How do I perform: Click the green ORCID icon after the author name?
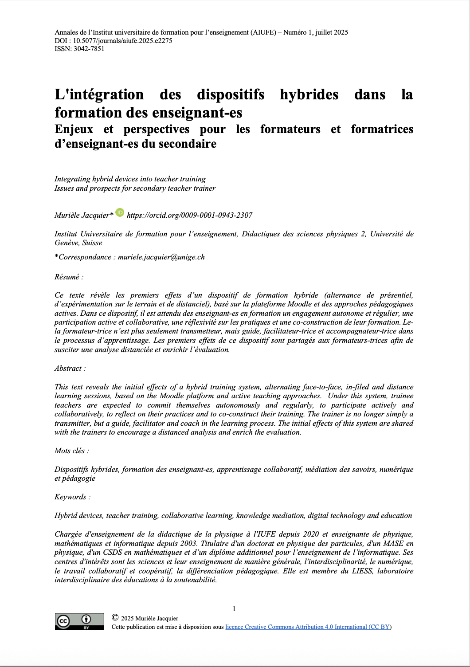(x=120, y=213)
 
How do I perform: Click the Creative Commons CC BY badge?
(x=79, y=621)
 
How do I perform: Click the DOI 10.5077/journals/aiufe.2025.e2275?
(x=122, y=41)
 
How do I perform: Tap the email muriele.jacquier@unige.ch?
(x=161, y=257)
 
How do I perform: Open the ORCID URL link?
(x=189, y=215)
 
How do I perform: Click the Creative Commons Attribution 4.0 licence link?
(x=308, y=627)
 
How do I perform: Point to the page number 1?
(x=234, y=608)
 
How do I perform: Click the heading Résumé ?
(x=69, y=277)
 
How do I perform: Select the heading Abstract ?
(x=70, y=368)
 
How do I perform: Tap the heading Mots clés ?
(x=71, y=451)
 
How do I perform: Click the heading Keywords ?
(x=72, y=497)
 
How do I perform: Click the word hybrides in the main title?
(x=309, y=94)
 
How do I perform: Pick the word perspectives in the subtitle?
(x=157, y=129)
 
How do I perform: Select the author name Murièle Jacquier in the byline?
(x=82, y=215)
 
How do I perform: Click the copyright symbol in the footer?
(x=115, y=617)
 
